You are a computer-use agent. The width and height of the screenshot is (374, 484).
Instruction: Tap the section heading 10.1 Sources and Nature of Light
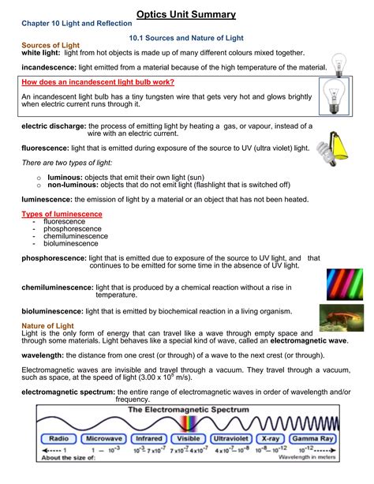185,37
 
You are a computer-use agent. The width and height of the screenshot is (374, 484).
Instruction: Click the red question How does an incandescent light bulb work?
98,81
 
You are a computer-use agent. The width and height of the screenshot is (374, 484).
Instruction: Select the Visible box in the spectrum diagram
187,437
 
